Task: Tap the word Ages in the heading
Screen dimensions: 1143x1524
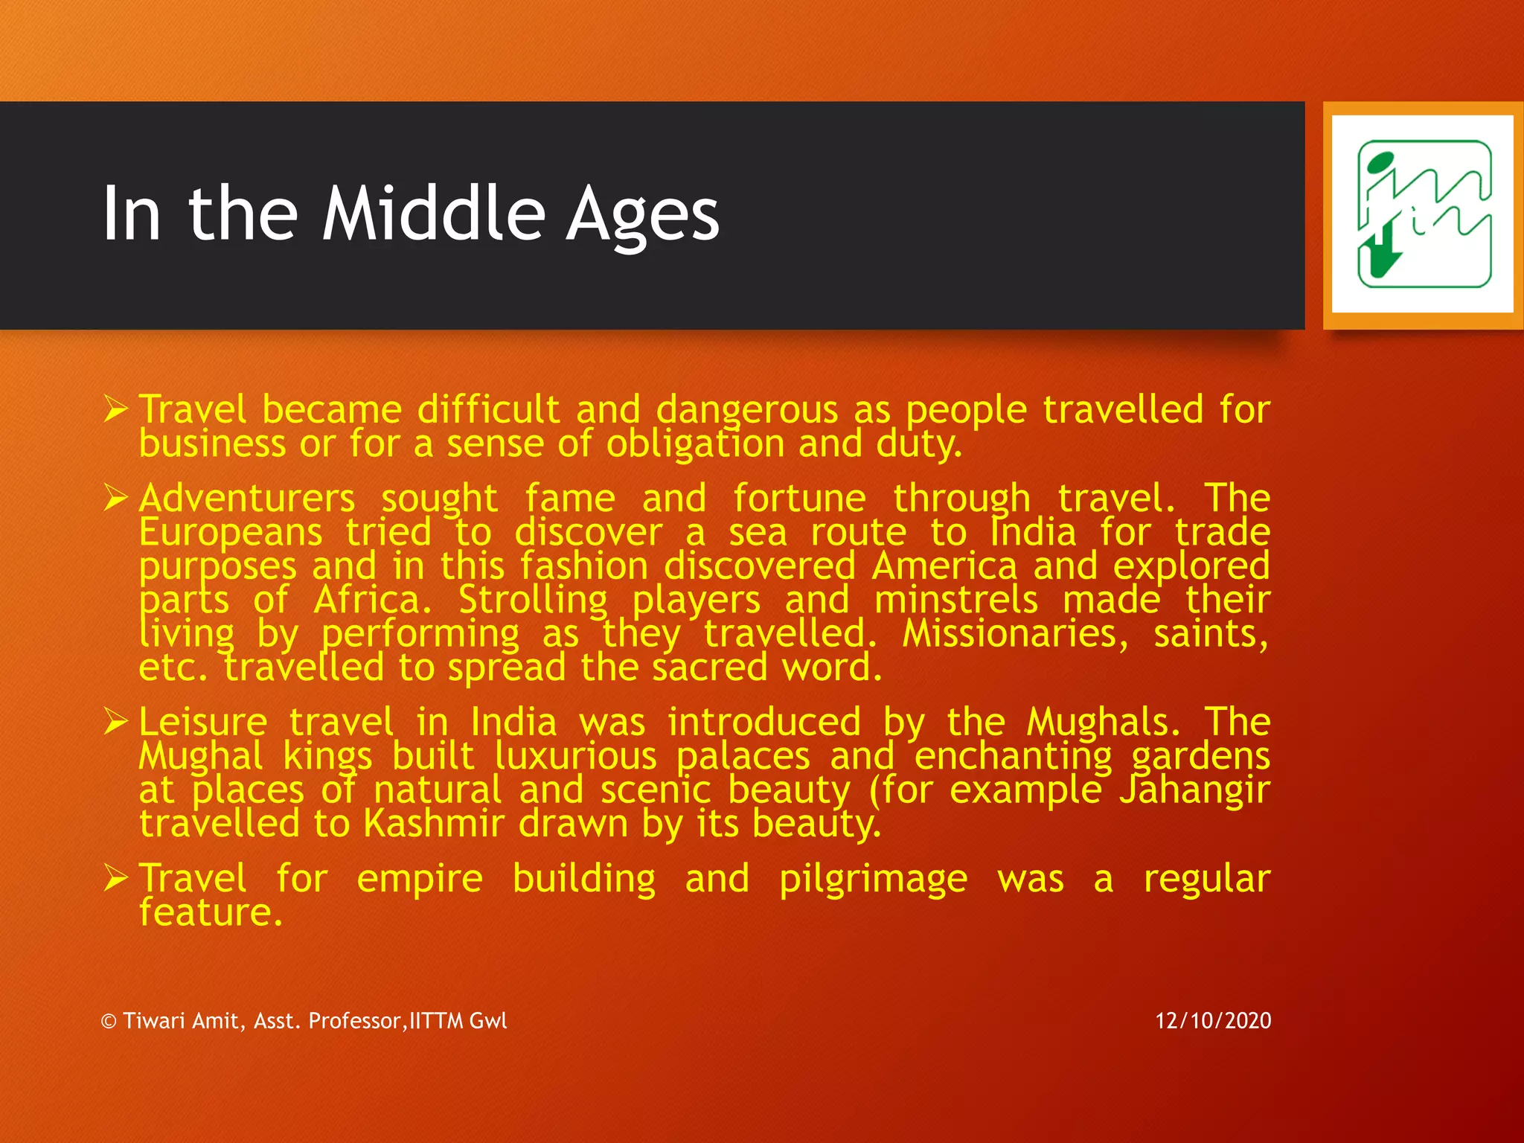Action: pyautogui.click(x=643, y=216)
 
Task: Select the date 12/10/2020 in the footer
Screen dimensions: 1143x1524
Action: pyautogui.click(x=1213, y=1020)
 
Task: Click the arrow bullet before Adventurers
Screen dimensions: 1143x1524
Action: pyautogui.click(x=116, y=497)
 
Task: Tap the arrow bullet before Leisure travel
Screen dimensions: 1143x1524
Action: pyautogui.click(x=116, y=721)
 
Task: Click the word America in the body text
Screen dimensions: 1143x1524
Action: pyautogui.click(x=944, y=566)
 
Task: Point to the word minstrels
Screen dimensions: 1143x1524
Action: pyautogui.click(x=955, y=600)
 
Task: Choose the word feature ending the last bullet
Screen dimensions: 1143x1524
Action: pyautogui.click(x=211, y=912)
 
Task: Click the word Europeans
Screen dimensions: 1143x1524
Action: pyautogui.click(x=231, y=532)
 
